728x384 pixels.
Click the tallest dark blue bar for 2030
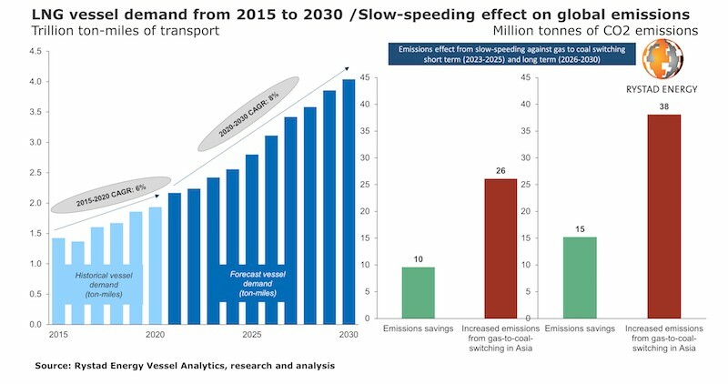click(349, 201)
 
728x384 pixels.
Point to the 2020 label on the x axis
click(154, 334)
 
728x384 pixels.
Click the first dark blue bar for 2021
click(175, 258)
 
